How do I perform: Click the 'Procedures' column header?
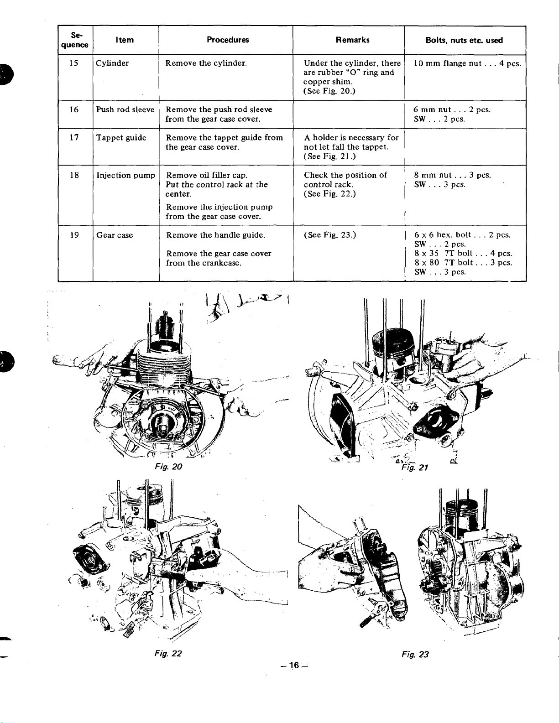pos(228,40)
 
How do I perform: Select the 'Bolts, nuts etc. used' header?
pos(464,40)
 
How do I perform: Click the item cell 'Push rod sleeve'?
pos(125,109)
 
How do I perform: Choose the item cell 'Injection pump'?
pos(125,175)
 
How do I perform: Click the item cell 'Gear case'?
pos(115,235)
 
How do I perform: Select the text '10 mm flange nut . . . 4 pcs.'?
pos(467,63)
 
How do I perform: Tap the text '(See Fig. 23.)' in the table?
pos(330,235)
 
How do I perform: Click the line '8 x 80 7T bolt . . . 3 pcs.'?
pos(463,263)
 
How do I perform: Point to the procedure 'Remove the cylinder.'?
pos(206,63)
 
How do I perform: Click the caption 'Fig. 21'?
pos(414,468)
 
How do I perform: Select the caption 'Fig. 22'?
pos(168,654)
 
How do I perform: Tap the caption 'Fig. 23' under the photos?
pos(415,655)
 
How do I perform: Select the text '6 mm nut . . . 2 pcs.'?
pos(452,109)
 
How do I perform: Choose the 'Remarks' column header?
pos(352,40)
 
